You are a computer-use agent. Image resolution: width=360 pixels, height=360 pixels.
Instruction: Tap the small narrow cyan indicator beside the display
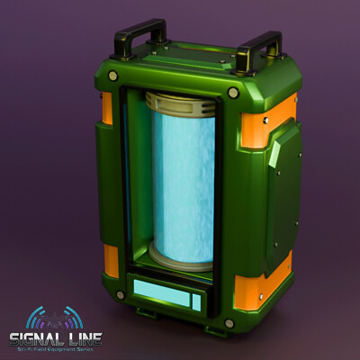(196, 301)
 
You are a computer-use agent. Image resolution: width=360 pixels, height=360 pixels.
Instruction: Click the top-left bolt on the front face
(113, 76)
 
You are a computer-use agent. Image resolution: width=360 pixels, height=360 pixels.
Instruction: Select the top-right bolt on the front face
(232, 93)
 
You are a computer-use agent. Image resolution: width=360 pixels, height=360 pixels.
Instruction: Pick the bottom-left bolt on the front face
(121, 294)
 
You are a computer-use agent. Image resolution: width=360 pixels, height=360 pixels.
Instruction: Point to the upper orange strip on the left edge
(107, 108)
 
